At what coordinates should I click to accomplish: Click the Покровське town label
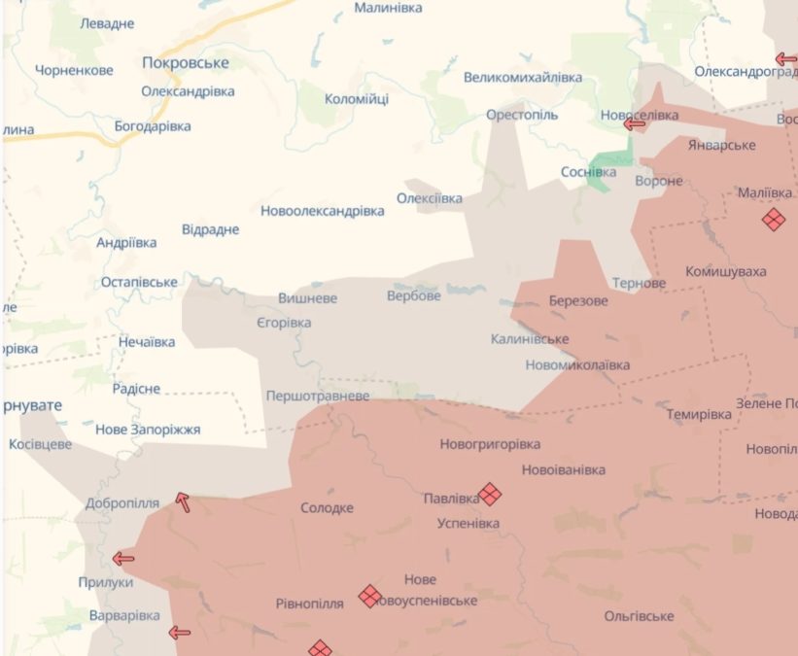click(x=186, y=62)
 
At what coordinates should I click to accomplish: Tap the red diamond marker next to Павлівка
click(x=490, y=495)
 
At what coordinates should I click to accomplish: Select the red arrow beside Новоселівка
click(x=635, y=123)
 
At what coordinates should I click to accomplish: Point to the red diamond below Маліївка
click(x=773, y=220)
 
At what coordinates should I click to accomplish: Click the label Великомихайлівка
click(x=523, y=77)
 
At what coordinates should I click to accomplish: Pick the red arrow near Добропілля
click(x=182, y=501)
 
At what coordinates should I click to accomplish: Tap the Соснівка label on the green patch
click(x=588, y=172)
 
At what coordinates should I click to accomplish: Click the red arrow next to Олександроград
click(x=785, y=59)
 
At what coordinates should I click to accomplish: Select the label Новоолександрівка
click(x=322, y=210)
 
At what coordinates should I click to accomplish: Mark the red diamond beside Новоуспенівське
click(x=368, y=595)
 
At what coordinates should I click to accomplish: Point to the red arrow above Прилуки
click(x=122, y=558)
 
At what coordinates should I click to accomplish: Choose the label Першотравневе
click(x=318, y=397)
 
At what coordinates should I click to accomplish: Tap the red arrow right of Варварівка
click(x=179, y=633)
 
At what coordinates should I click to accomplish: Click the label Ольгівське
click(x=639, y=616)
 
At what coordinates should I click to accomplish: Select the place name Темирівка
click(x=699, y=414)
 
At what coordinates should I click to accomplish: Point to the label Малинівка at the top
click(x=388, y=8)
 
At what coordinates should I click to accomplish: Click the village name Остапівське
click(x=139, y=282)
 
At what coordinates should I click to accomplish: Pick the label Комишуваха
click(x=725, y=271)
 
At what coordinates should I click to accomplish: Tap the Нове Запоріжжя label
click(x=148, y=429)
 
